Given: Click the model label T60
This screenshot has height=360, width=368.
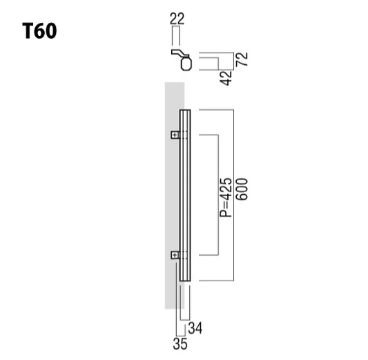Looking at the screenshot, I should [x=39, y=31].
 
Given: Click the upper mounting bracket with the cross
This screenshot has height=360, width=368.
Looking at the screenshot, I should [x=175, y=134].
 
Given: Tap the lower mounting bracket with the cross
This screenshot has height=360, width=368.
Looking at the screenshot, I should [x=175, y=256].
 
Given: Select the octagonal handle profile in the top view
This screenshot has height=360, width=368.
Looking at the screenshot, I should [x=184, y=65].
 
